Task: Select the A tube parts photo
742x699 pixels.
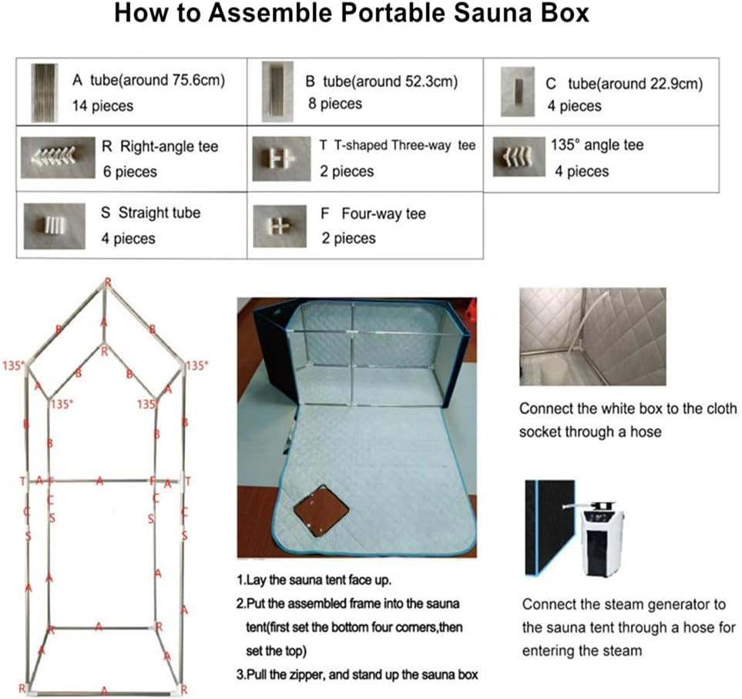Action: (x=45, y=91)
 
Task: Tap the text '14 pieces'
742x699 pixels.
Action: (x=102, y=105)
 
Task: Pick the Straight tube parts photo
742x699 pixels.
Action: (x=53, y=225)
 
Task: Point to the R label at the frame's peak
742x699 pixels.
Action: (x=107, y=282)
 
